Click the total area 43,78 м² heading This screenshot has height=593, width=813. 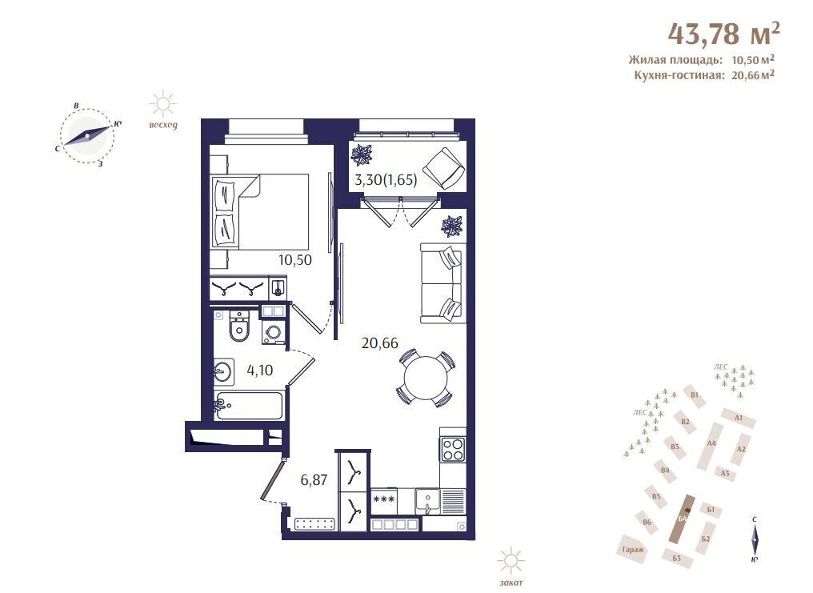click(x=724, y=34)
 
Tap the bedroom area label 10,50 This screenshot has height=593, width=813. click(x=295, y=260)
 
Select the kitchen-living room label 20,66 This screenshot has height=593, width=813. click(x=379, y=343)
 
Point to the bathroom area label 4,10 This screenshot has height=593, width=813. click(x=260, y=371)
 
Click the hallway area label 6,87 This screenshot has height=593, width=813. click(x=314, y=480)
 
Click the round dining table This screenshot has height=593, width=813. click(x=425, y=378)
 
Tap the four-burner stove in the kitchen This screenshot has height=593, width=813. click(x=453, y=450)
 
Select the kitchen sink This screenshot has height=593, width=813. click(x=427, y=501)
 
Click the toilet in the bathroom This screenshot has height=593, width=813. click(x=238, y=327)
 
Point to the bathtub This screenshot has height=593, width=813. click(x=250, y=406)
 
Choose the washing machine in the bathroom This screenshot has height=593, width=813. click(x=273, y=332)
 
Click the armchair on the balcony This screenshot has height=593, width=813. click(x=444, y=169)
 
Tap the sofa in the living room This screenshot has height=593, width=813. click(x=441, y=283)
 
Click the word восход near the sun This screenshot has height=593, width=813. click(x=162, y=125)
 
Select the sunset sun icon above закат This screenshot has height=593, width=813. click(x=511, y=561)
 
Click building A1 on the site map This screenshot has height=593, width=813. click(x=739, y=418)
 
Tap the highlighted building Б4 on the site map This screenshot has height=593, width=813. click(x=683, y=519)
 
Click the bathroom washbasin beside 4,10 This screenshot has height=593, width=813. click(x=224, y=371)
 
